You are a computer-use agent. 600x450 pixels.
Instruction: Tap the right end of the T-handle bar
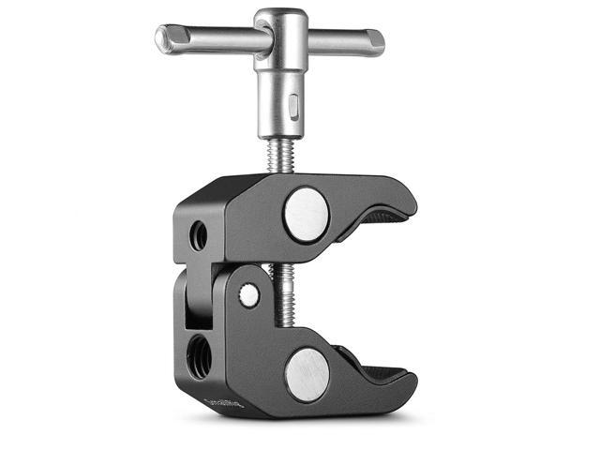[x=376, y=43]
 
